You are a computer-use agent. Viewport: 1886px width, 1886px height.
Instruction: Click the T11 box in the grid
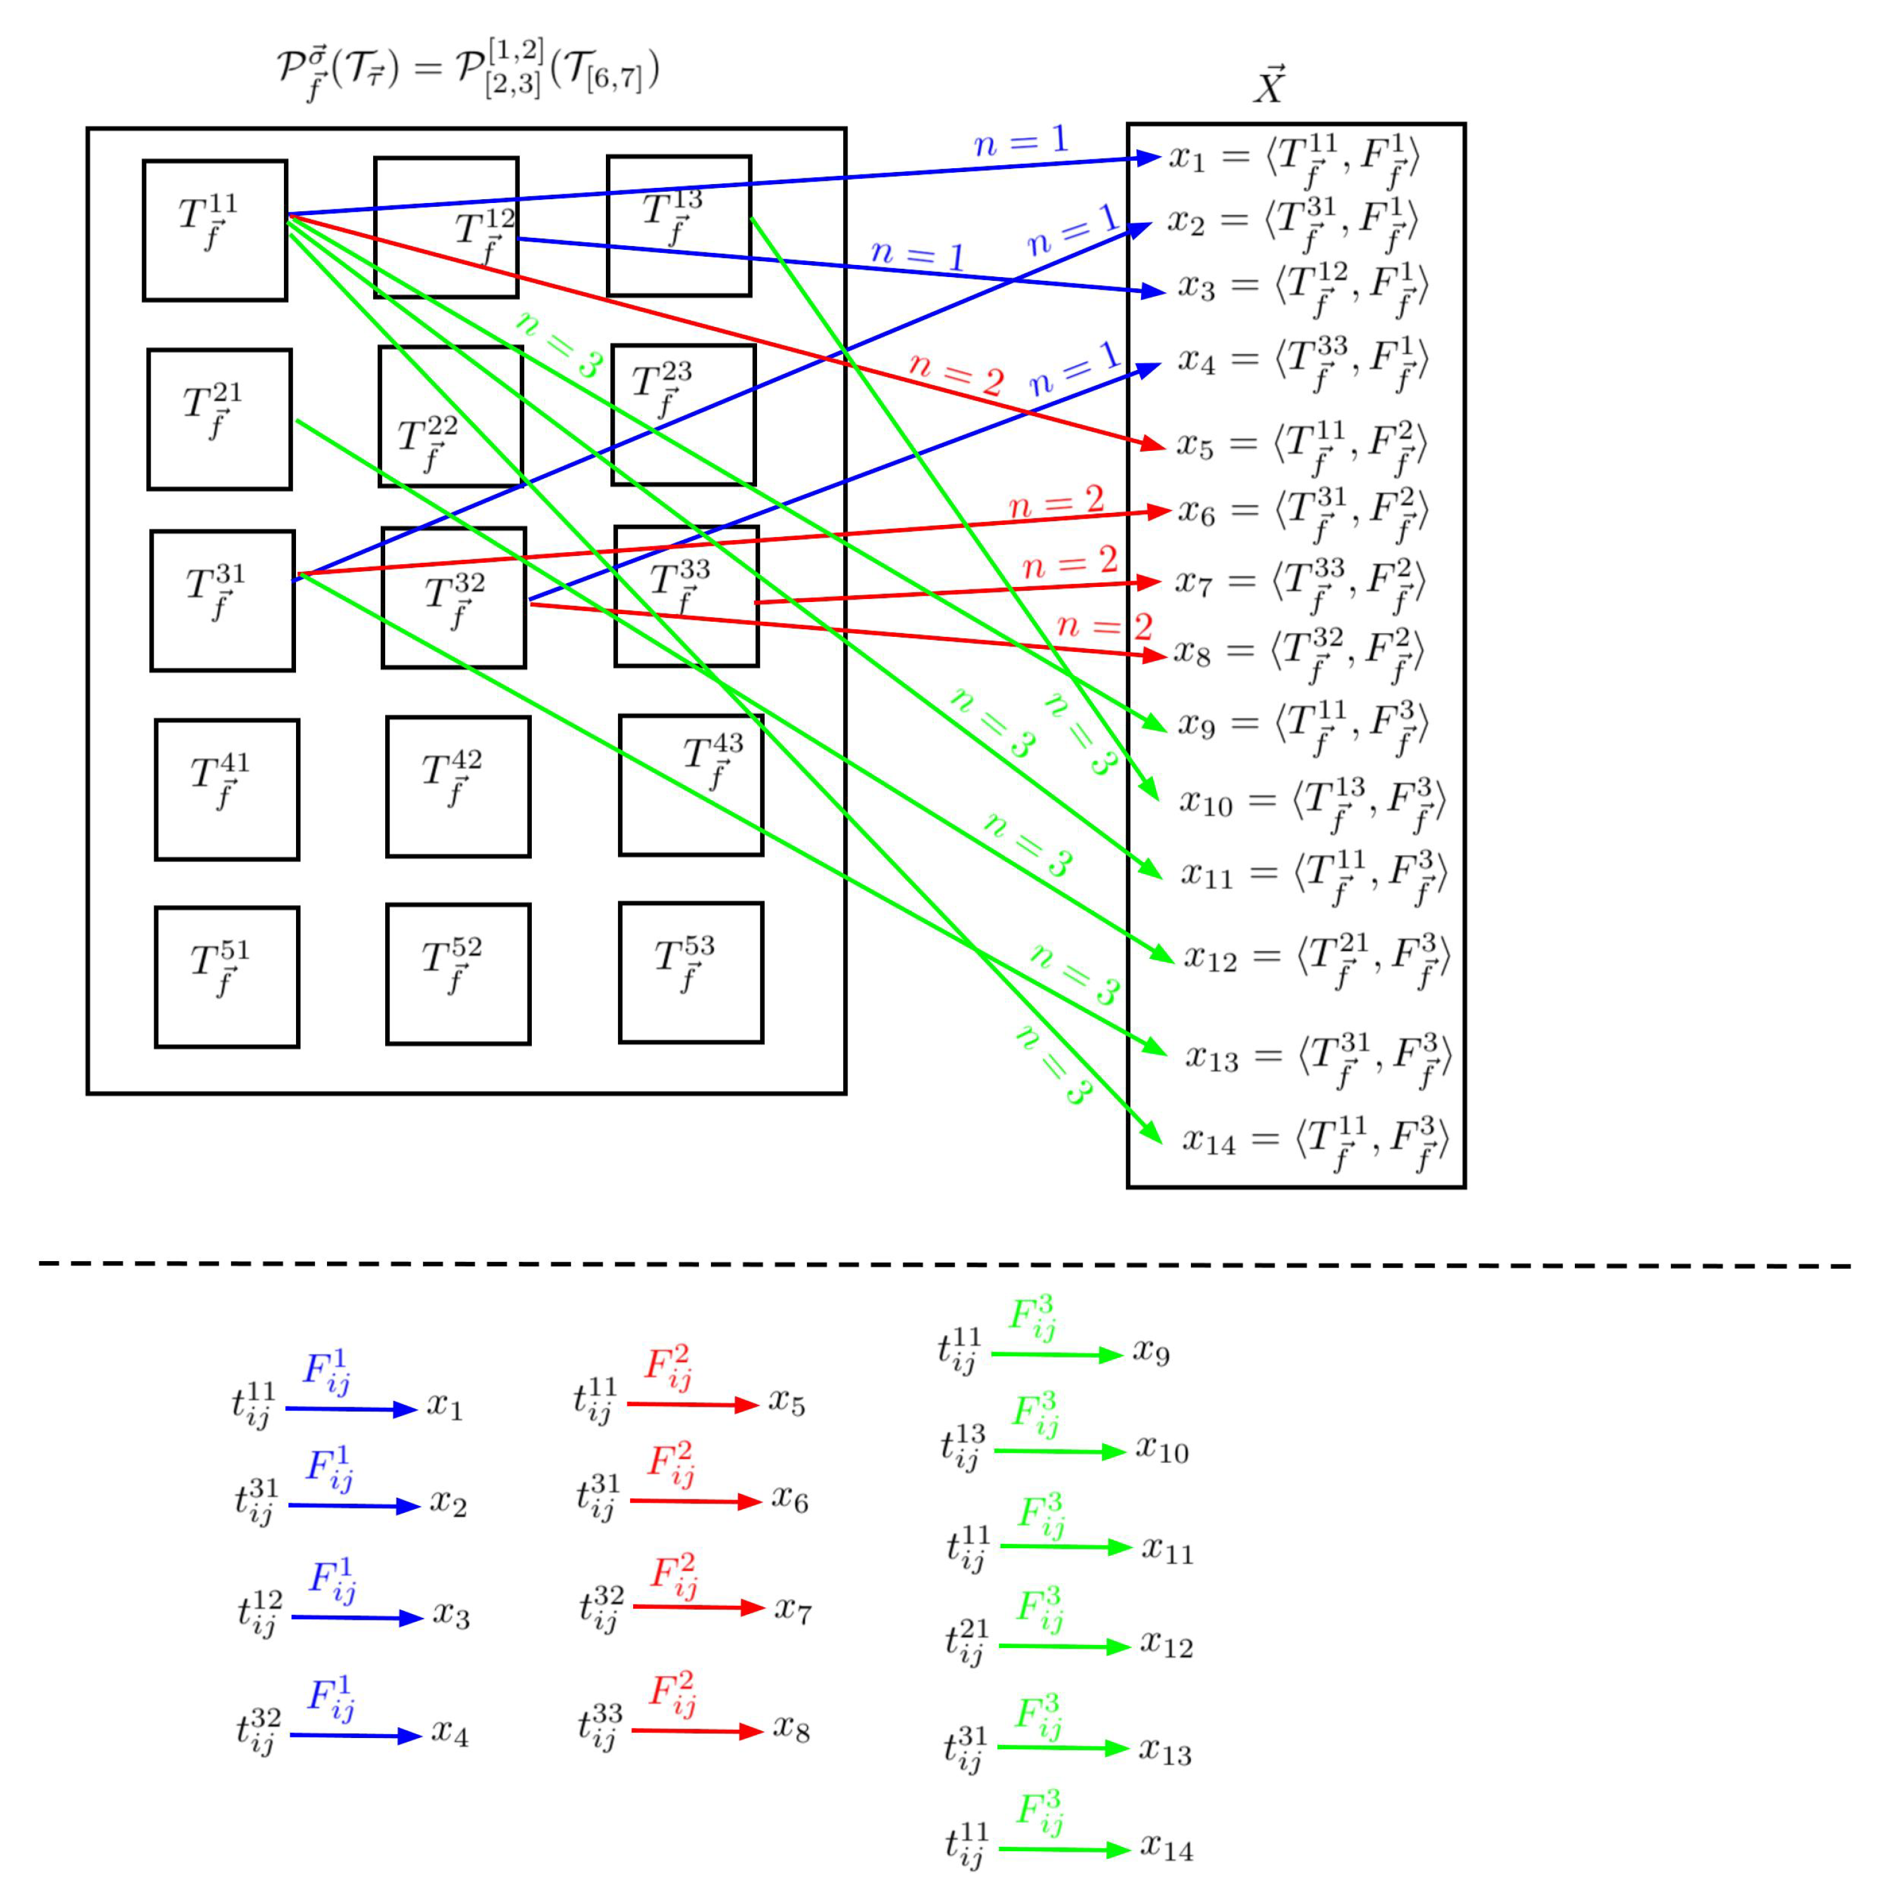[x=215, y=230]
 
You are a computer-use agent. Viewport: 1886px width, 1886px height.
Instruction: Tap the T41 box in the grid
[x=226, y=790]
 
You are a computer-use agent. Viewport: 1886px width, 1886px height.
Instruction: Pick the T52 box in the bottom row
[x=458, y=974]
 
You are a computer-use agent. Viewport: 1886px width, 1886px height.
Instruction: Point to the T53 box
[x=690, y=972]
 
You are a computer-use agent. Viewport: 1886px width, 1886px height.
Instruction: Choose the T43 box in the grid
[x=690, y=785]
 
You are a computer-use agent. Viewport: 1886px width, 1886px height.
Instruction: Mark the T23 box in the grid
[x=683, y=415]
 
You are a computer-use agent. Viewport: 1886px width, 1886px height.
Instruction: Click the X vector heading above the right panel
[x=1269, y=86]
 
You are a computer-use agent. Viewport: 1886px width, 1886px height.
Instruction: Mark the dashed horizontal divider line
[x=943, y=1264]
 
